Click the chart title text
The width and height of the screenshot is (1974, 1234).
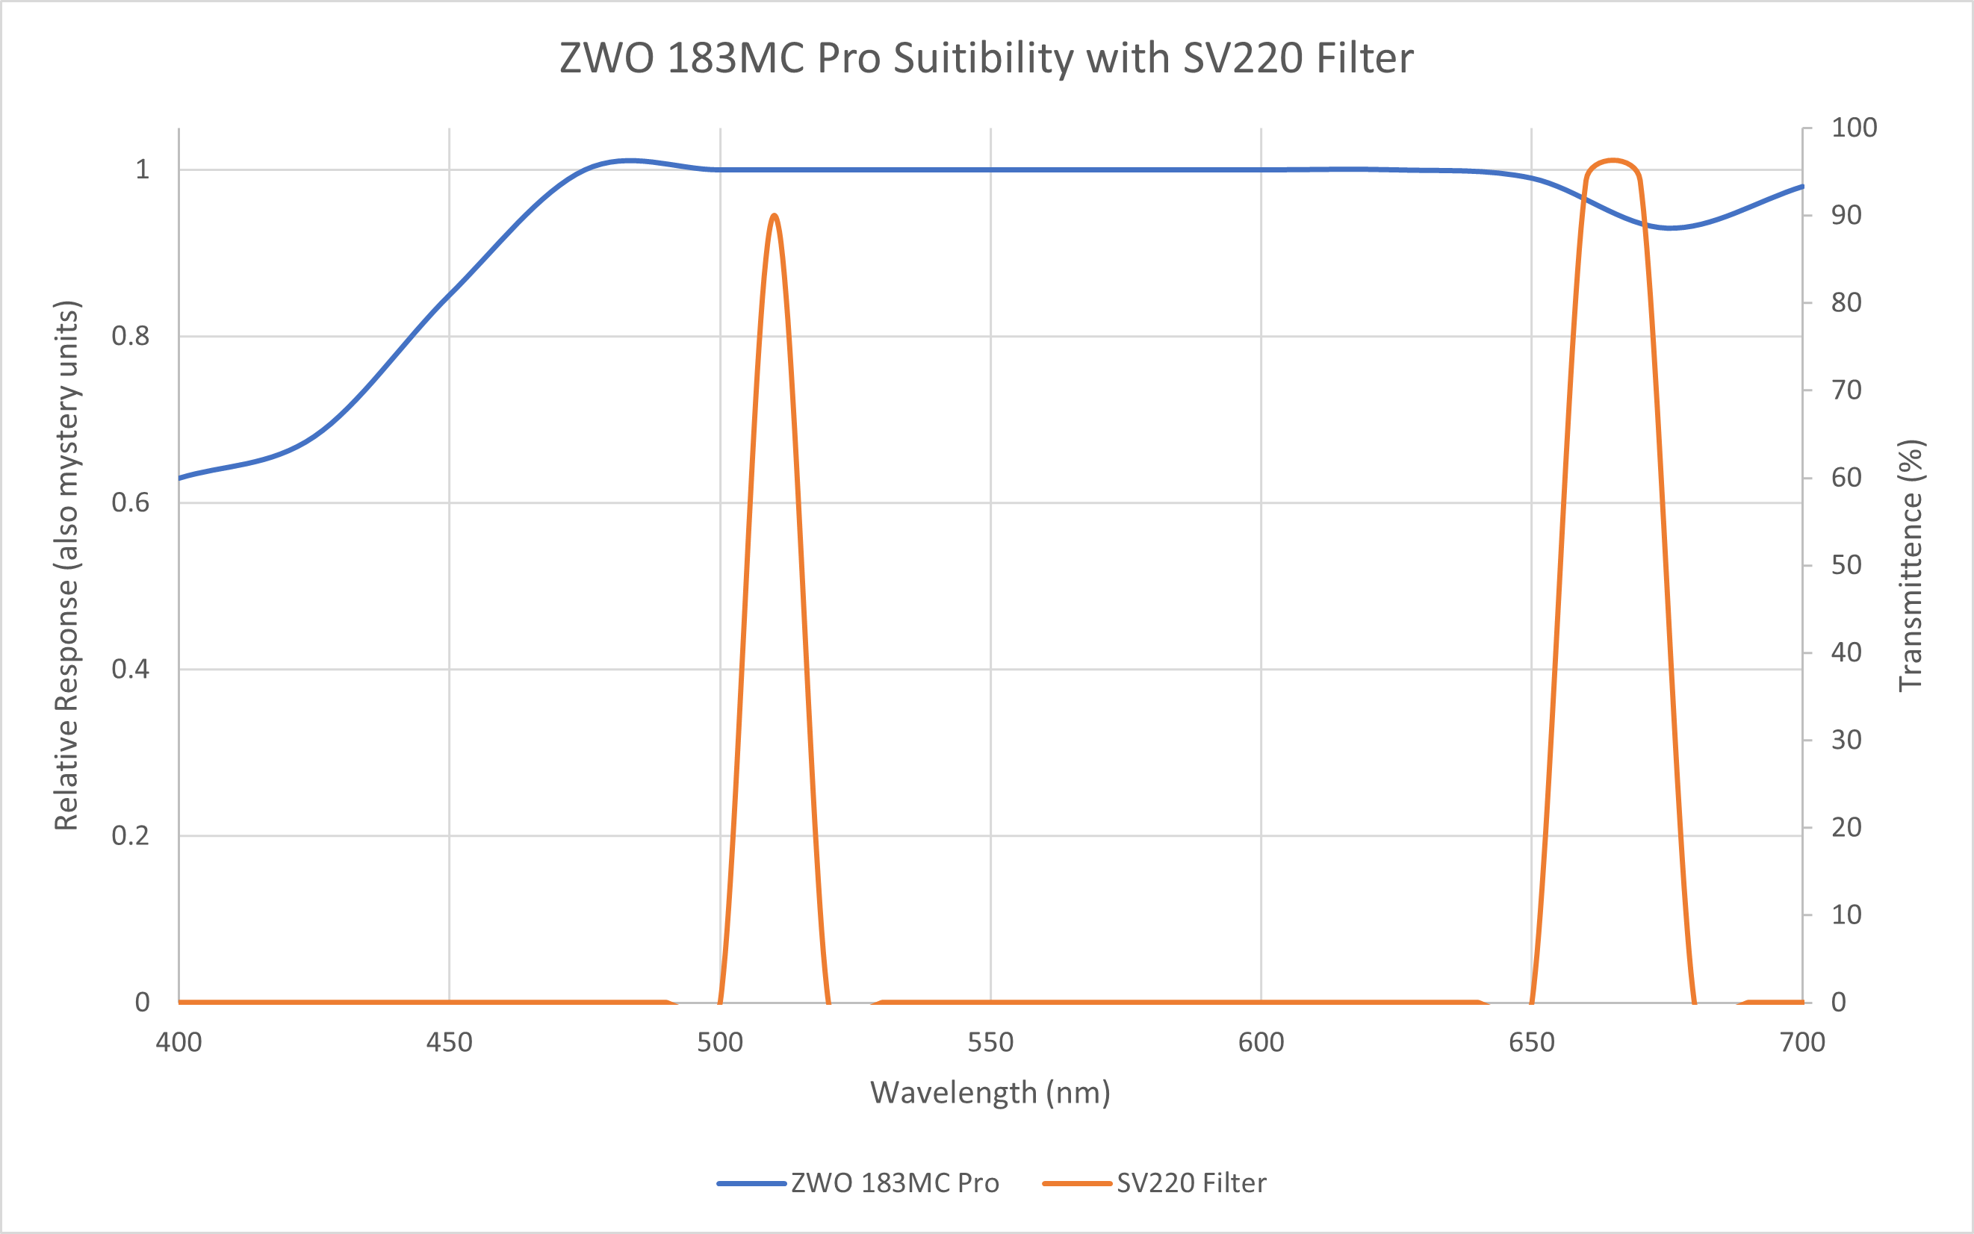[x=986, y=59]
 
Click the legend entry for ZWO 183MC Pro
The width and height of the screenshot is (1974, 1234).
[x=894, y=1183]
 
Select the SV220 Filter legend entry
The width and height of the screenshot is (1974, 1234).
[x=1191, y=1183]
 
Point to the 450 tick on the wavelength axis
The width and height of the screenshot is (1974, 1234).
[x=449, y=1042]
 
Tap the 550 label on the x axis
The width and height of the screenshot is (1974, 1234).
[x=990, y=1042]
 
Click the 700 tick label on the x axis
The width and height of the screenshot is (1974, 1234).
[x=1801, y=1042]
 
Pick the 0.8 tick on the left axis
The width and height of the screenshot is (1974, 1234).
[x=131, y=335]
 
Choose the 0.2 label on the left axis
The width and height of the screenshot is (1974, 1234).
[x=131, y=835]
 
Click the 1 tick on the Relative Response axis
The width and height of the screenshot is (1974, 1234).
[x=142, y=169]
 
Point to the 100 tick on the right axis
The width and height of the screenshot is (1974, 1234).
[x=1854, y=128]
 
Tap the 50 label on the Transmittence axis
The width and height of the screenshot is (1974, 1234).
[x=1846, y=565]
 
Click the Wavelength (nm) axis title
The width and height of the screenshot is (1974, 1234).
[x=990, y=1092]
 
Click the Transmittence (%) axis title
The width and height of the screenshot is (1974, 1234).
[x=1911, y=565]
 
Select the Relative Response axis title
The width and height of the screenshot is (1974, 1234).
[x=66, y=565]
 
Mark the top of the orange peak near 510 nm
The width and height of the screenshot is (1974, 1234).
[x=774, y=216]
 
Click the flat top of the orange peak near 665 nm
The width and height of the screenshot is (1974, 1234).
[x=1613, y=161]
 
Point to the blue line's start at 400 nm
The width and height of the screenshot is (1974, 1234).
[x=179, y=478]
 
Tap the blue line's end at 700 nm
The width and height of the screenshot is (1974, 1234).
[x=1801, y=187]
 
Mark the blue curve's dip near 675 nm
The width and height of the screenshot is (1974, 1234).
[x=1670, y=228]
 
